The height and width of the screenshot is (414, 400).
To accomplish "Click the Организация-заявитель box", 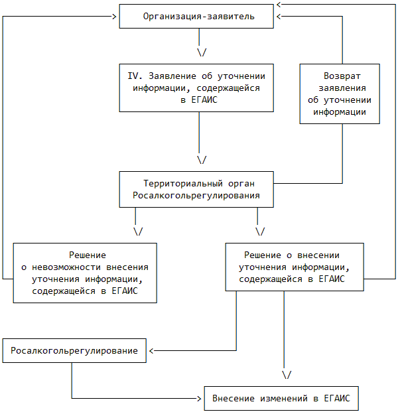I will [x=196, y=17].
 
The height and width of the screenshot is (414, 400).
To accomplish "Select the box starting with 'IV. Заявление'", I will [x=196, y=88].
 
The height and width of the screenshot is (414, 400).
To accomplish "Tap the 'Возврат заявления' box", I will [x=340, y=93].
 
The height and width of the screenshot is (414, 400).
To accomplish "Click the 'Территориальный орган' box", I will [x=196, y=189].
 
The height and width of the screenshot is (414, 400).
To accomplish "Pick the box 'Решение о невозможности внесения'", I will [x=85, y=273].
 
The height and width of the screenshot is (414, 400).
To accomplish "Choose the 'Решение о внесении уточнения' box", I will [x=294, y=267].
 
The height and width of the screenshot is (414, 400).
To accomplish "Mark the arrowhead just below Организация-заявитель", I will [x=202, y=52].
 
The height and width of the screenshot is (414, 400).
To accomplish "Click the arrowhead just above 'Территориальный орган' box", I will [x=202, y=160].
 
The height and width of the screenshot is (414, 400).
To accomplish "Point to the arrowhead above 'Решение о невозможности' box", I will [x=139, y=232].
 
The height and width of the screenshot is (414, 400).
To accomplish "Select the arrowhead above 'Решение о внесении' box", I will [x=260, y=232].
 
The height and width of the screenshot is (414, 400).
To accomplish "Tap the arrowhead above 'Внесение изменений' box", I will [x=287, y=375].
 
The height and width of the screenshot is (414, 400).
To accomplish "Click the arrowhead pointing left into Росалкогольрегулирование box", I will [x=151, y=350].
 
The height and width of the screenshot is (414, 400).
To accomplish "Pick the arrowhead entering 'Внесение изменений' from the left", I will [x=200, y=399].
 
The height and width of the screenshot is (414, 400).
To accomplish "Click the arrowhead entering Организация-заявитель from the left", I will [x=115, y=17].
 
